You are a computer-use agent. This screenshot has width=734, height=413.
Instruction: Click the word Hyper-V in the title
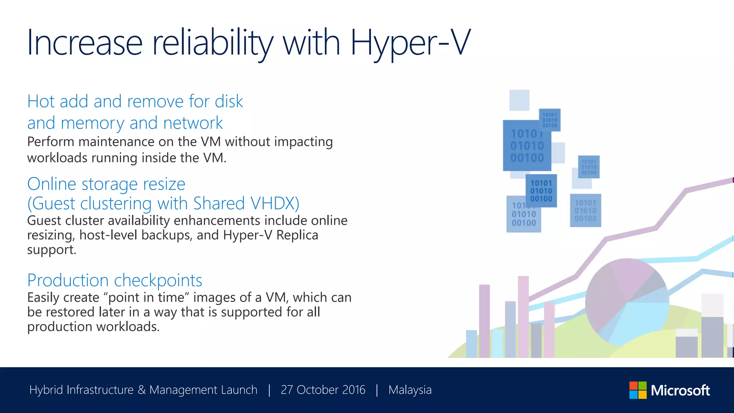click(410, 43)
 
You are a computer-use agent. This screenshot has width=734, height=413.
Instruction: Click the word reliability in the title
click(212, 43)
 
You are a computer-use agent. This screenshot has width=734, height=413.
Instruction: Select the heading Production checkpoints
click(115, 280)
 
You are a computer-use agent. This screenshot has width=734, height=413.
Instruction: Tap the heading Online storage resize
click(106, 184)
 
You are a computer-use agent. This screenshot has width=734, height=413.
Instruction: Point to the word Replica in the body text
click(297, 235)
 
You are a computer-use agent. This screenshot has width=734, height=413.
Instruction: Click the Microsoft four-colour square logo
click(638, 390)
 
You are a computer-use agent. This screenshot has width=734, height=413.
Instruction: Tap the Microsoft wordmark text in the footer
click(680, 390)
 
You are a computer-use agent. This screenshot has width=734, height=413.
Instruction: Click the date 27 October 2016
click(323, 390)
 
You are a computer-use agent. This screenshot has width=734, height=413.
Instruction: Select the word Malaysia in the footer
click(410, 390)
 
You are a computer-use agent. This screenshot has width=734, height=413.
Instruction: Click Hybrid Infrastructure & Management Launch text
click(143, 390)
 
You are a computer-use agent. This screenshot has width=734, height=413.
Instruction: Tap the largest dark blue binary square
click(526, 146)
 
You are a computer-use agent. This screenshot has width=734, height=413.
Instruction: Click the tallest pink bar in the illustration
click(523, 315)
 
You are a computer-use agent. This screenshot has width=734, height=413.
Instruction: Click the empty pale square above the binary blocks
click(519, 100)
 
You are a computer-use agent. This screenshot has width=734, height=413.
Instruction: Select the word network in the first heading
click(193, 123)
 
